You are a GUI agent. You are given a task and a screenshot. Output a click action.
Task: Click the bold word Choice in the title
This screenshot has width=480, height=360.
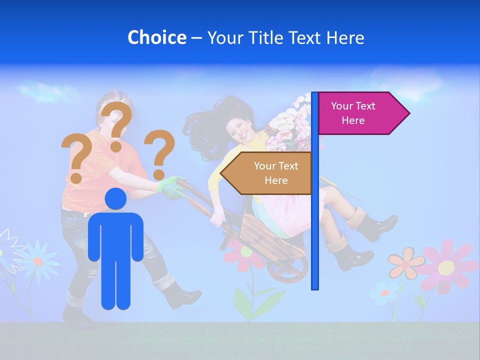point(156,37)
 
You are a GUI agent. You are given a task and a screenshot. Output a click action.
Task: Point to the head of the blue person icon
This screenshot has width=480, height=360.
point(116,198)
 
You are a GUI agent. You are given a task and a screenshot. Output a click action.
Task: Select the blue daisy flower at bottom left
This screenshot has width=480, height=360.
point(37,259)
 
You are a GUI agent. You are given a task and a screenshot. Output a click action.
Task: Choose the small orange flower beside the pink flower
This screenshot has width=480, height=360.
point(405,263)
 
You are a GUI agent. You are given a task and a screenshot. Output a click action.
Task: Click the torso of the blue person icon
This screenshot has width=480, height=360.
point(116,235)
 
